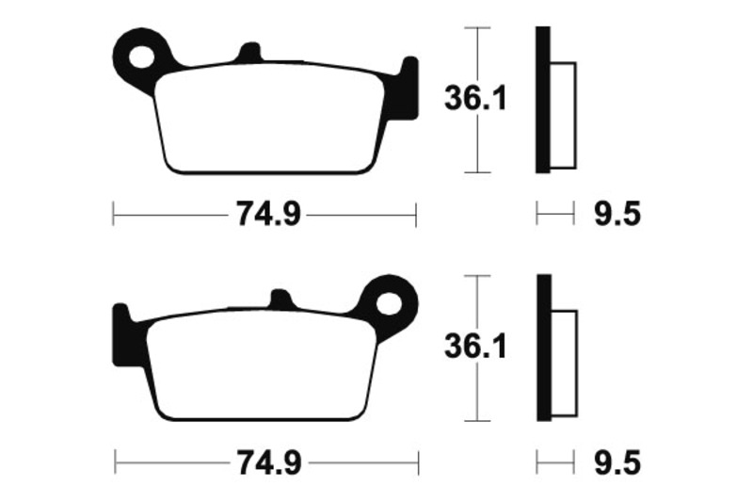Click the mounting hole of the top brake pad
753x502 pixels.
click(143, 56)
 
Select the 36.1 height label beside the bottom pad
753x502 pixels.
click(475, 348)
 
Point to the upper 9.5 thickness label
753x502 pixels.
click(617, 216)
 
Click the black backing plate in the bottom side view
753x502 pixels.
click(542, 348)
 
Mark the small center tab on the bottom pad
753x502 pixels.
click(280, 300)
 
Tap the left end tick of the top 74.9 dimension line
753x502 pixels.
click(113, 216)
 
